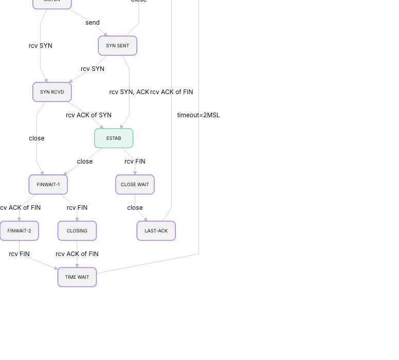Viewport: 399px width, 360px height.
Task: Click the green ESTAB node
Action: click(x=114, y=138)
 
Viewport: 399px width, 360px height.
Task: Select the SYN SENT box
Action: click(x=118, y=46)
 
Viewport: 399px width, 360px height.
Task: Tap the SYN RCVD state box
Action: click(x=52, y=92)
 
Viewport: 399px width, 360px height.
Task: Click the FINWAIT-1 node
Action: click(x=48, y=185)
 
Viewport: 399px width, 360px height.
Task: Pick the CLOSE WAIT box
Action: click(x=135, y=185)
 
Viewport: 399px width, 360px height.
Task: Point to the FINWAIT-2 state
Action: click(x=19, y=231)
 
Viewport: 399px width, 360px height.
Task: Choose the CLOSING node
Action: click(x=77, y=231)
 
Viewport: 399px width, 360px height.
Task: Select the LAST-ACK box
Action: click(x=156, y=231)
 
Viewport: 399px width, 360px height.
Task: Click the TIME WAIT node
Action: click(x=77, y=277)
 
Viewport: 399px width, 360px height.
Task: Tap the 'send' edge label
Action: click(x=93, y=23)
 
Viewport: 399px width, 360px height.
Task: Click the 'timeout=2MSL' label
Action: click(x=198, y=115)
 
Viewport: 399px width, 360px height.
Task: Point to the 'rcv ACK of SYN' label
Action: click(x=88, y=115)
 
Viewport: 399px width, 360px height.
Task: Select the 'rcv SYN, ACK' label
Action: click(x=129, y=92)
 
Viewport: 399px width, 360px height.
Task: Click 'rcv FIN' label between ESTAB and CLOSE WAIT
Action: click(x=135, y=161)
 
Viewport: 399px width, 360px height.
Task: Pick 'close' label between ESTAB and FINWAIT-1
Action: click(x=85, y=161)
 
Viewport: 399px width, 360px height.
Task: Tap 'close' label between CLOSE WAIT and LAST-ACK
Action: click(x=135, y=208)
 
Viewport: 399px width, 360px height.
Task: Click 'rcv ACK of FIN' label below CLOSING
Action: click(x=77, y=254)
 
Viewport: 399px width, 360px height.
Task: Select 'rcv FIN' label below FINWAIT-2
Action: click(x=19, y=254)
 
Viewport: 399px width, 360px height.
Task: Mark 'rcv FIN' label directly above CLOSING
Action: click(x=77, y=208)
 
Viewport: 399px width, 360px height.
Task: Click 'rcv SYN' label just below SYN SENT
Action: click(x=93, y=69)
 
